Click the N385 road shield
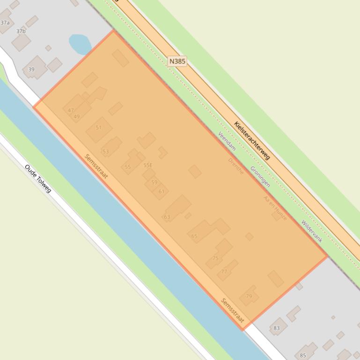(177, 61)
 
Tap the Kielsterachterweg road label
(252, 140)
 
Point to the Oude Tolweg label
(38, 179)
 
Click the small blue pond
(80, 44)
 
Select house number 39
(31, 69)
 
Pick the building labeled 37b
(21, 32)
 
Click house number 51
(98, 128)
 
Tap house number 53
(106, 151)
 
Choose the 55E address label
(148, 165)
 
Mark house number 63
(167, 217)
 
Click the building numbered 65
(194, 236)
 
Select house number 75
(215, 258)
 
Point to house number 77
(224, 271)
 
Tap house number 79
(249, 296)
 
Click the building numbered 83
(277, 328)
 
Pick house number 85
(303, 356)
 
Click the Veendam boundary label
(227, 141)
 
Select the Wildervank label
(312, 231)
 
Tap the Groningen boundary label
(260, 176)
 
